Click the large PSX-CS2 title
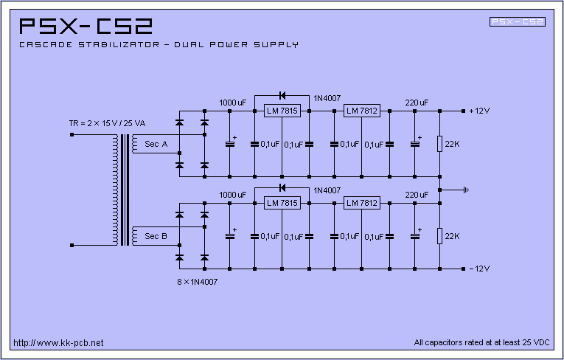[86, 27]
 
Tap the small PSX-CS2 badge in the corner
[518, 22]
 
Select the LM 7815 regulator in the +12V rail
[282, 111]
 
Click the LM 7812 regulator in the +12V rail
[361, 111]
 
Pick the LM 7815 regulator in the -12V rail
[282, 203]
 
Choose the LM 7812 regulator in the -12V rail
[361, 203]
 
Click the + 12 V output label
[479, 111]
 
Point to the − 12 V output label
[479, 268]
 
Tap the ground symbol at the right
[465, 190]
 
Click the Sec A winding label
[156, 143]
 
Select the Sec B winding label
[156, 236]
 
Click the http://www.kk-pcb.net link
[58, 342]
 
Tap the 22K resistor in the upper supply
[439, 144]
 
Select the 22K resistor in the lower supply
[439, 235]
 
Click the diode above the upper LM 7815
[282, 95]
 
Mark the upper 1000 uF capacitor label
[232, 103]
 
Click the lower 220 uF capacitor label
[417, 194]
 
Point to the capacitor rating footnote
[482, 342]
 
